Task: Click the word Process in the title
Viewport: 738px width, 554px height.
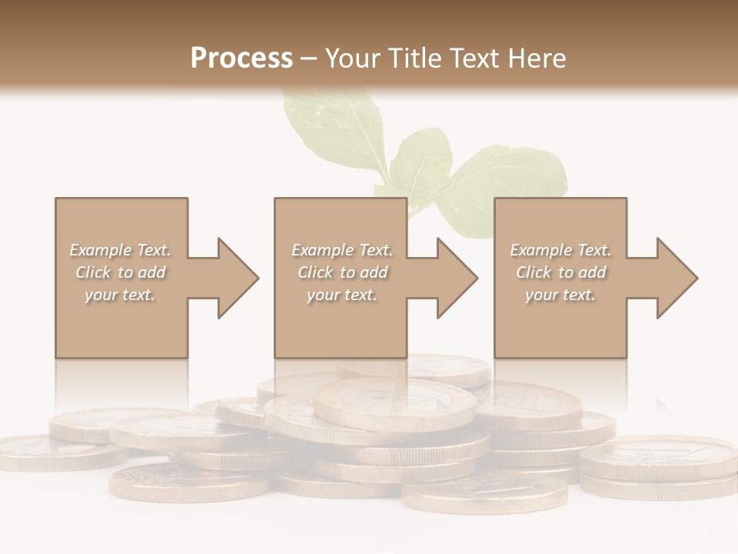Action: click(x=241, y=58)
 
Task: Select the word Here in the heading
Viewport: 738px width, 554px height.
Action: click(x=536, y=58)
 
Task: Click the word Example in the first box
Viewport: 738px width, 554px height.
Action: click(x=100, y=250)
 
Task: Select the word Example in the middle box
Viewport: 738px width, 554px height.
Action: click(x=322, y=250)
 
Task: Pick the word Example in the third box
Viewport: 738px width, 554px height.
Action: click(x=540, y=250)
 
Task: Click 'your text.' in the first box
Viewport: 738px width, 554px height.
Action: click(x=120, y=295)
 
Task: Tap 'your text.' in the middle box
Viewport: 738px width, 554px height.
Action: click(x=341, y=295)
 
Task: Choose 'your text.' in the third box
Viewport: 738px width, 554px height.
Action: click(x=560, y=295)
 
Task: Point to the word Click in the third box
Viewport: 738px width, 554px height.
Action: click(x=534, y=272)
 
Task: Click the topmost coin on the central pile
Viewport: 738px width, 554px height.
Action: click(x=396, y=402)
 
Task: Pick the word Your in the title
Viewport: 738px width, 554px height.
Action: click(x=354, y=58)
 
